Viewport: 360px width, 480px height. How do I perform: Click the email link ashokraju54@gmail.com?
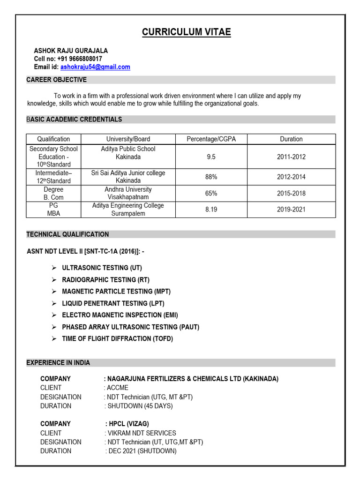click(x=95, y=67)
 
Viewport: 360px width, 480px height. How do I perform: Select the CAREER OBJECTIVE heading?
click(x=56, y=80)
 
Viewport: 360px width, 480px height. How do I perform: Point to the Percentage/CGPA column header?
click(x=211, y=139)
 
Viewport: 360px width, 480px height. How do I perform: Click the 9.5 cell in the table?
click(x=211, y=157)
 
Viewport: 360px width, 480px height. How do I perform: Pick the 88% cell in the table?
click(x=211, y=177)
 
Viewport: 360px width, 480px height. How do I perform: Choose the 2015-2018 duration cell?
click(x=291, y=193)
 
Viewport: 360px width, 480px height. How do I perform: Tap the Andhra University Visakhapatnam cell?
click(x=128, y=193)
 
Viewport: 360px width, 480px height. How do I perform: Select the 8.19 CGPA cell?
click(x=211, y=210)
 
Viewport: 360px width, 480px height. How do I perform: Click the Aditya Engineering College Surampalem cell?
click(x=128, y=210)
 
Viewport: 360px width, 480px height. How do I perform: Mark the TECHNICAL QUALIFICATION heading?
click(x=67, y=234)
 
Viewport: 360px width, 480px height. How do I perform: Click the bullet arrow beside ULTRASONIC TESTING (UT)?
click(x=54, y=268)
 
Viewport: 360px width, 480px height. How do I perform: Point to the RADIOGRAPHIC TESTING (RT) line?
click(x=105, y=280)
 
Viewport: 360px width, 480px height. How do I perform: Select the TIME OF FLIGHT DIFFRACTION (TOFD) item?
click(x=117, y=338)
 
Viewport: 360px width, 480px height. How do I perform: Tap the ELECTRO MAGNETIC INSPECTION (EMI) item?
click(x=120, y=315)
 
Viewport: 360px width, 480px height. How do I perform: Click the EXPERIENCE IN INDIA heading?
click(x=58, y=363)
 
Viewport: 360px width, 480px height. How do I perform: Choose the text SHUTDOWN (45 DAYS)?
click(x=140, y=406)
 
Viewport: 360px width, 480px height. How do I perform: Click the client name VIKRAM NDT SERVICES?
click(x=142, y=433)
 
